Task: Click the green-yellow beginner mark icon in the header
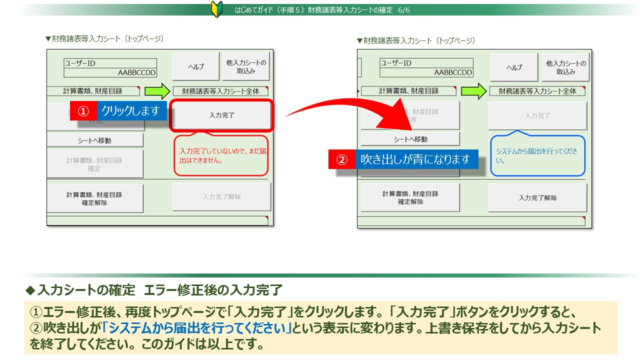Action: [216, 9]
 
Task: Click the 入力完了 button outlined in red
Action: [221, 115]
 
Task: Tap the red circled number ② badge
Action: [341, 159]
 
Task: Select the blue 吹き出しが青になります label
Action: [415, 159]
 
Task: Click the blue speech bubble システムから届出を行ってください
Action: [537, 155]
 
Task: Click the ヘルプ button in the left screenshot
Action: [195, 66]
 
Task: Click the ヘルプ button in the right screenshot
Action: [514, 67]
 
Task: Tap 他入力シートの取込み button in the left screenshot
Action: [246, 66]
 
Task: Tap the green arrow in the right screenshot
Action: [473, 91]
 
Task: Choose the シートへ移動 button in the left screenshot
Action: [94, 140]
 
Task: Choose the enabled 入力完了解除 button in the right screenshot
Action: [537, 198]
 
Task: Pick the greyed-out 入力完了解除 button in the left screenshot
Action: [221, 197]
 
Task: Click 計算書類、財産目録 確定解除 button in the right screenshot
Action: [410, 198]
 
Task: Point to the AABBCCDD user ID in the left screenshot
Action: [136, 73]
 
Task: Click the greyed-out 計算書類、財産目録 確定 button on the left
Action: [94, 164]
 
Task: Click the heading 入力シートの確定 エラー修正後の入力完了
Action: [160, 290]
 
